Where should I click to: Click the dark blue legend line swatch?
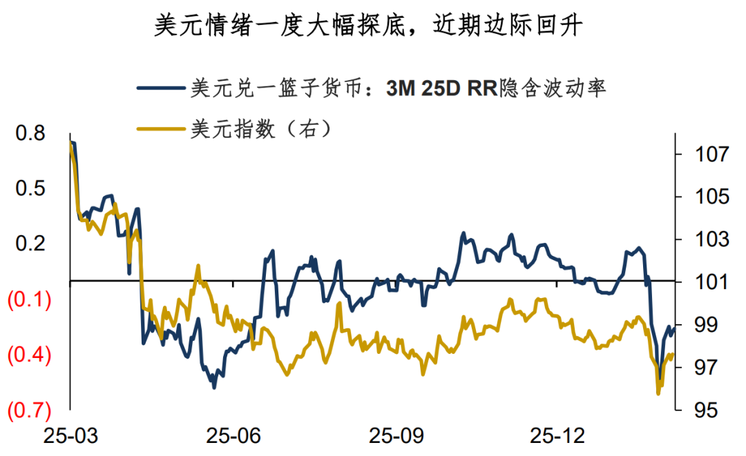click(160, 88)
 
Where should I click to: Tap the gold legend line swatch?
click(160, 128)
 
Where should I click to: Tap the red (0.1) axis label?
click(28, 301)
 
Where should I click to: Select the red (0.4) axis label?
click(28, 356)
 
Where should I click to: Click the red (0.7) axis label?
click(28, 411)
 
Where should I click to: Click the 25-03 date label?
click(70, 437)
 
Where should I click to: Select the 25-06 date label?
click(233, 437)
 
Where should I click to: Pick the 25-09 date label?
click(394, 437)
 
